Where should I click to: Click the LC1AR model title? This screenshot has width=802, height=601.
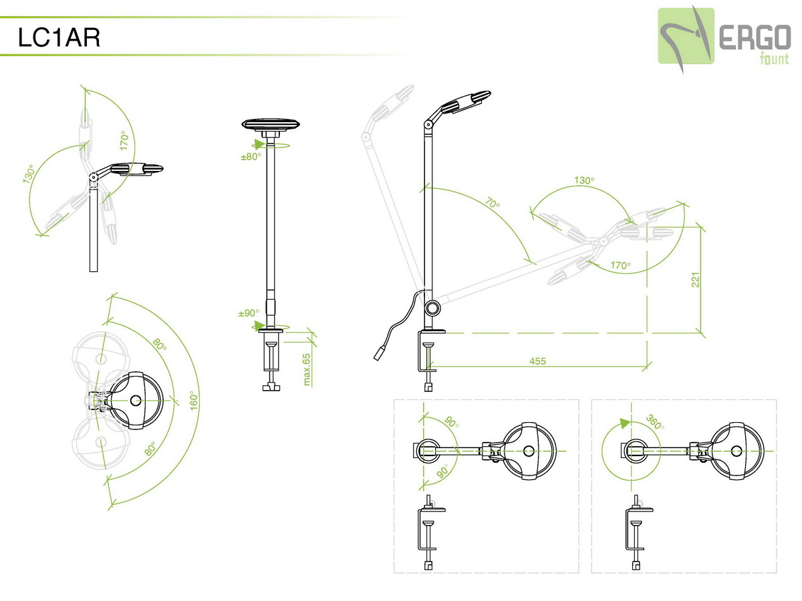click(59, 37)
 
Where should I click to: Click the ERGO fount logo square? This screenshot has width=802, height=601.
click(686, 36)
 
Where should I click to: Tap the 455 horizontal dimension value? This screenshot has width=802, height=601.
click(537, 361)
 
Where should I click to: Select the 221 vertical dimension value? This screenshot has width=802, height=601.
click(695, 280)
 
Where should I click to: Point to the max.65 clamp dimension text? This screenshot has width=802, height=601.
click(307, 369)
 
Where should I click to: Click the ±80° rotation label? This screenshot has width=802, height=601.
click(251, 156)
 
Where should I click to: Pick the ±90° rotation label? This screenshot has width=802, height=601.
click(249, 313)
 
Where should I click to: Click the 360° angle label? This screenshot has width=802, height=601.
click(655, 423)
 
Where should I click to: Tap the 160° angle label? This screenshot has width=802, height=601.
click(194, 400)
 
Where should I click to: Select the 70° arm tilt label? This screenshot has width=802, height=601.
click(493, 202)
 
